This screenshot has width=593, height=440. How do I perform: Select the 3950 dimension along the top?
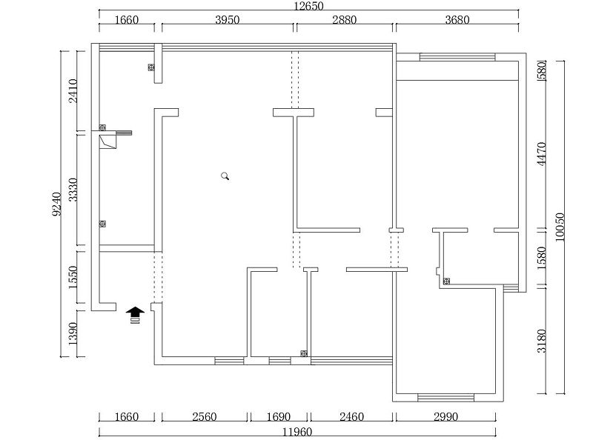[228, 20]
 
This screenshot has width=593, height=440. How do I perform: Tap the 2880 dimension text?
[345, 20]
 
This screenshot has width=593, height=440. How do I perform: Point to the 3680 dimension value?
[457, 20]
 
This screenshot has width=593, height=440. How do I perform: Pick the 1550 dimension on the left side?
[73, 278]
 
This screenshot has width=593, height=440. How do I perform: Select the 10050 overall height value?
[560, 225]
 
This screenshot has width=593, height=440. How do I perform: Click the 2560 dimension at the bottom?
[204, 417]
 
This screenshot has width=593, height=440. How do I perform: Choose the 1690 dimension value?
[280, 417]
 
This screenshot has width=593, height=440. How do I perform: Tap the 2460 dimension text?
[351, 417]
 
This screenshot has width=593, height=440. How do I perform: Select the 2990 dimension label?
[445, 417]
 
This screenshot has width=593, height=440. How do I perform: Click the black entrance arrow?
[135, 315]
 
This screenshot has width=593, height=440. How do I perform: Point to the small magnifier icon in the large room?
[225, 176]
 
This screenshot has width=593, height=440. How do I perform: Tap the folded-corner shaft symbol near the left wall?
[108, 141]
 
